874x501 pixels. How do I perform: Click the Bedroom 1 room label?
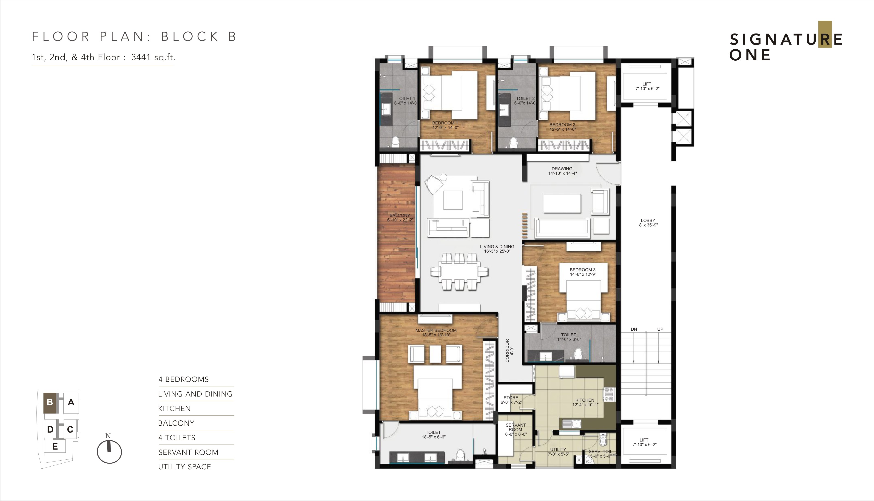[445, 123]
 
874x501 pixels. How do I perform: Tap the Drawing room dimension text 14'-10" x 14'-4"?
[562, 173]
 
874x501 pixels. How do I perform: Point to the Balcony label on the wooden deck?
[400, 215]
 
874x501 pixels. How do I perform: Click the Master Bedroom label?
[436, 330]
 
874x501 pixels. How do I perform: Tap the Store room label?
[511, 397]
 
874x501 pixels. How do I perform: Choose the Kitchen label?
[585, 400]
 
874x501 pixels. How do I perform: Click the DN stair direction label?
[634, 329]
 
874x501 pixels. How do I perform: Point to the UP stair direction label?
[660, 329]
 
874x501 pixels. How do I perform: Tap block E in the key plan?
[55, 447]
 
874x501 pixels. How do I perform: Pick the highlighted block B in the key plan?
[50, 402]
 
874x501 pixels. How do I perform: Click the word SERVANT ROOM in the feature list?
[188, 452]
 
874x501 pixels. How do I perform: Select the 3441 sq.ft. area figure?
[153, 57]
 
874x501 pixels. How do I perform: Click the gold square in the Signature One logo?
[825, 34]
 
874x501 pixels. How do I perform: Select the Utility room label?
[558, 449]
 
